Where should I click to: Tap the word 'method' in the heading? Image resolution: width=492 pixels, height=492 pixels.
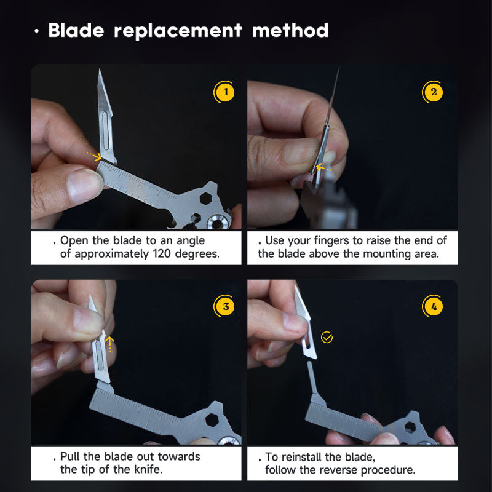290,30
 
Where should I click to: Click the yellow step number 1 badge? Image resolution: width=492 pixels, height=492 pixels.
225,93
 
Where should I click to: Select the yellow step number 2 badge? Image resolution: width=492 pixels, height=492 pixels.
434,93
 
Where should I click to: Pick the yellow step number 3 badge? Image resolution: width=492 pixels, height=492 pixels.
225,306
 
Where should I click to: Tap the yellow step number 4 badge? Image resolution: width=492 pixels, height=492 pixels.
434,306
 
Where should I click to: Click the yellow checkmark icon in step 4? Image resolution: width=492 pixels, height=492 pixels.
327,337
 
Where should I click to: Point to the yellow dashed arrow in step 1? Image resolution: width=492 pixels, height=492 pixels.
94,156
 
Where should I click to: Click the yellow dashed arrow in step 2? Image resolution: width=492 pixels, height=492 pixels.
324,166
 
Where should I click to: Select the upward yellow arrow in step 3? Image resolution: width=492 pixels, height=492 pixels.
109,342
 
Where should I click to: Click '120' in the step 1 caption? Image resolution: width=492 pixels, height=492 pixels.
151,253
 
